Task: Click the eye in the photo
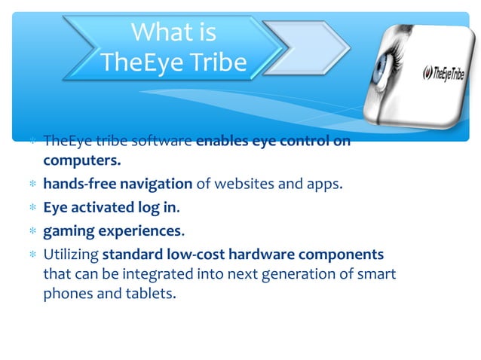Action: coord(383,69)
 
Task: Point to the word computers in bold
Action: coord(81,161)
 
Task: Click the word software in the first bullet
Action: coord(162,142)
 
